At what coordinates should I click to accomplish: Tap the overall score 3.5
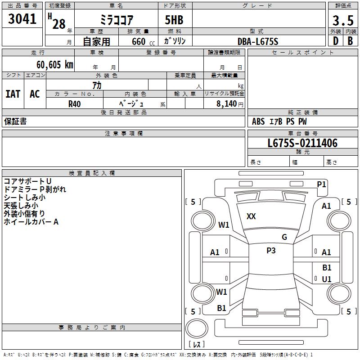(x=342, y=20)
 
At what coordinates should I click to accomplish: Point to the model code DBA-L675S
(x=258, y=41)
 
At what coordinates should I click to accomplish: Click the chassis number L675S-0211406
(x=302, y=144)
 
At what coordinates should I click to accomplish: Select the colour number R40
(x=74, y=103)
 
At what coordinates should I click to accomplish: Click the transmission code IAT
(x=13, y=94)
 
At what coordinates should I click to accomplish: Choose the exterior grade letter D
(x=335, y=41)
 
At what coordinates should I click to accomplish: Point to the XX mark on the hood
(x=251, y=216)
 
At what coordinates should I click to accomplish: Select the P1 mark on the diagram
(x=321, y=184)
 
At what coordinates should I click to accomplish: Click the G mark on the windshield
(x=284, y=237)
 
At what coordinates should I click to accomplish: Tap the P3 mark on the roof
(x=270, y=251)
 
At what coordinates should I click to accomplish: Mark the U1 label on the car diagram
(x=327, y=279)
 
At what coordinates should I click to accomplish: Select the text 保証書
(x=15, y=121)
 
